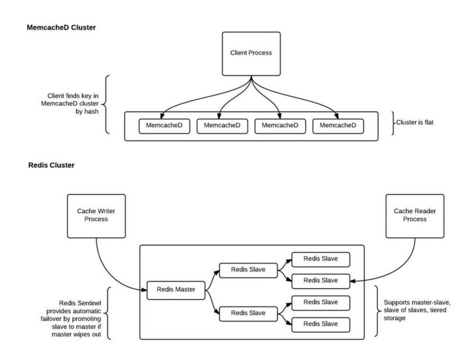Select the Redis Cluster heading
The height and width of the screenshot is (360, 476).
coord(51,165)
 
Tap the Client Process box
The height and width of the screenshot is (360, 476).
coord(251,53)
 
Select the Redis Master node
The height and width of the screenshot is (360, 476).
coord(175,290)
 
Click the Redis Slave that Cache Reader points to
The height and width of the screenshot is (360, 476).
coord(321,280)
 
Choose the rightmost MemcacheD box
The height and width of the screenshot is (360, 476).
coord(338,126)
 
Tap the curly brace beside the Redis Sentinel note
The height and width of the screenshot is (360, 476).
coord(111,313)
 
